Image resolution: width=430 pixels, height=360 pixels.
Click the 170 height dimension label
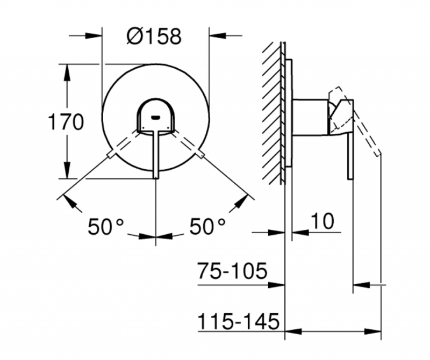(66, 123)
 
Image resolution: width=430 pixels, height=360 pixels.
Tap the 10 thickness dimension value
(322, 220)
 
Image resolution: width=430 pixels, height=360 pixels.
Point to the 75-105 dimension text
(232, 271)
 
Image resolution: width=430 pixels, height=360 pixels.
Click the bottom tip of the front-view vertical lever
(156, 176)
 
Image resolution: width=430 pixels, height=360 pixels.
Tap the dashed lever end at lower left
(111, 156)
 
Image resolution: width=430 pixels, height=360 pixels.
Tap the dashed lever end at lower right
(201, 156)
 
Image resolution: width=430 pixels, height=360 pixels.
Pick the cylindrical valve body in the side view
(310, 116)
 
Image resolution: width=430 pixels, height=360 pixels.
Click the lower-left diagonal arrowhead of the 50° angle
(69, 201)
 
